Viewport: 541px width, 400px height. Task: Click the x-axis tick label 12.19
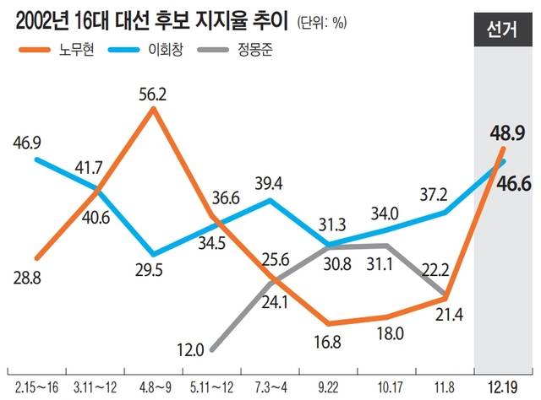point(504,386)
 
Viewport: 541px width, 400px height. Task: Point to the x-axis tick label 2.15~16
point(35,386)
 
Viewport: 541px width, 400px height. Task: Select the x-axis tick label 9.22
point(327,386)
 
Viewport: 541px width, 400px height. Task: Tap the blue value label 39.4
point(270,184)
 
